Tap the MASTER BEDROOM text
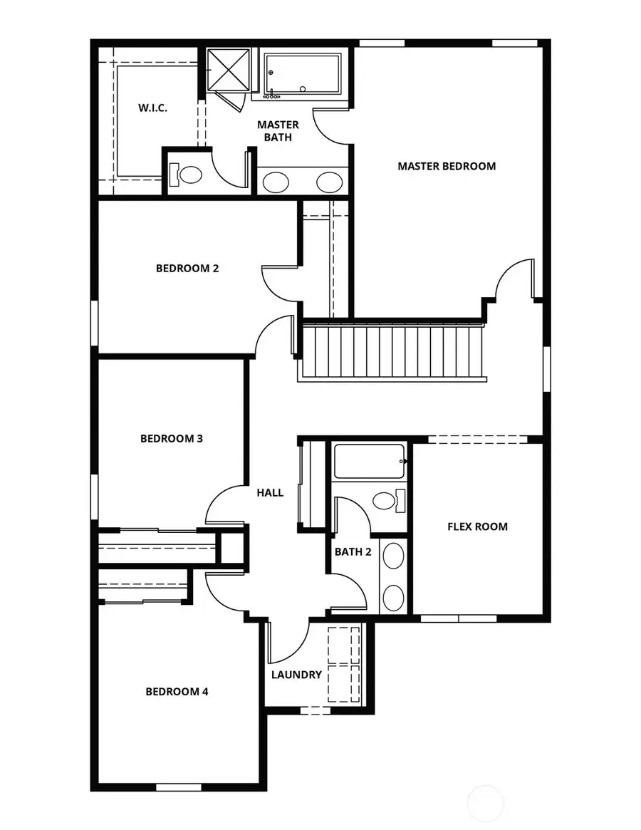pos(447,166)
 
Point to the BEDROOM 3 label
pos(172,439)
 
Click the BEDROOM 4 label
pos(177,692)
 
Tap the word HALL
pos(270,492)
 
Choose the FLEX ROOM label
pos(477,526)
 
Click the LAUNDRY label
pos(296,675)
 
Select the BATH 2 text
pos(353,551)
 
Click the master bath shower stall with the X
pos(228,70)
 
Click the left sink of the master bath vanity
pos(276,182)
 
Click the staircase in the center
pos(392,351)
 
